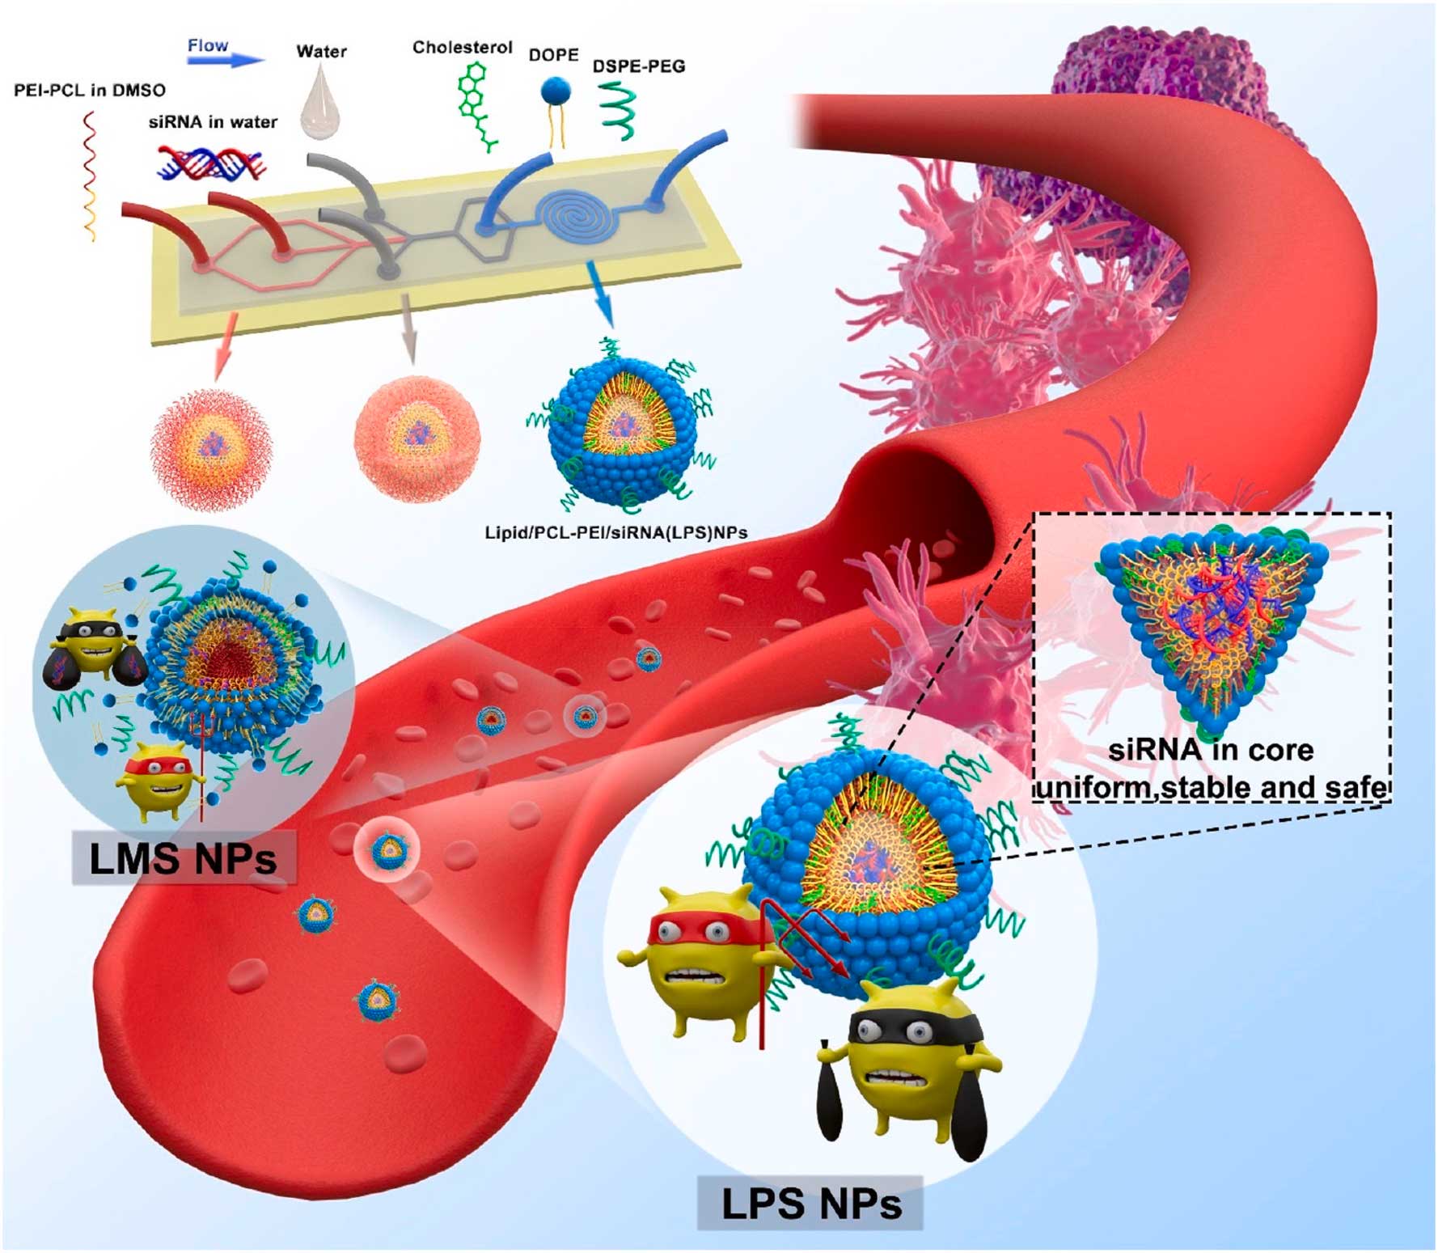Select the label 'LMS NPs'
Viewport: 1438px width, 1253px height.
[x=183, y=859]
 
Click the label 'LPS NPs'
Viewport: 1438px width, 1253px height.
[x=810, y=1203]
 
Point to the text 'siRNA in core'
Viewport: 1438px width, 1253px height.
[x=1211, y=750]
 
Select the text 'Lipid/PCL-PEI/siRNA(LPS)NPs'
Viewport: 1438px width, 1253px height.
[x=615, y=533]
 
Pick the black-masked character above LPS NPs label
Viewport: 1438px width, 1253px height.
[x=914, y=1060]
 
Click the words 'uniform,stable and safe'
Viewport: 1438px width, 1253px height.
[x=1211, y=787]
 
